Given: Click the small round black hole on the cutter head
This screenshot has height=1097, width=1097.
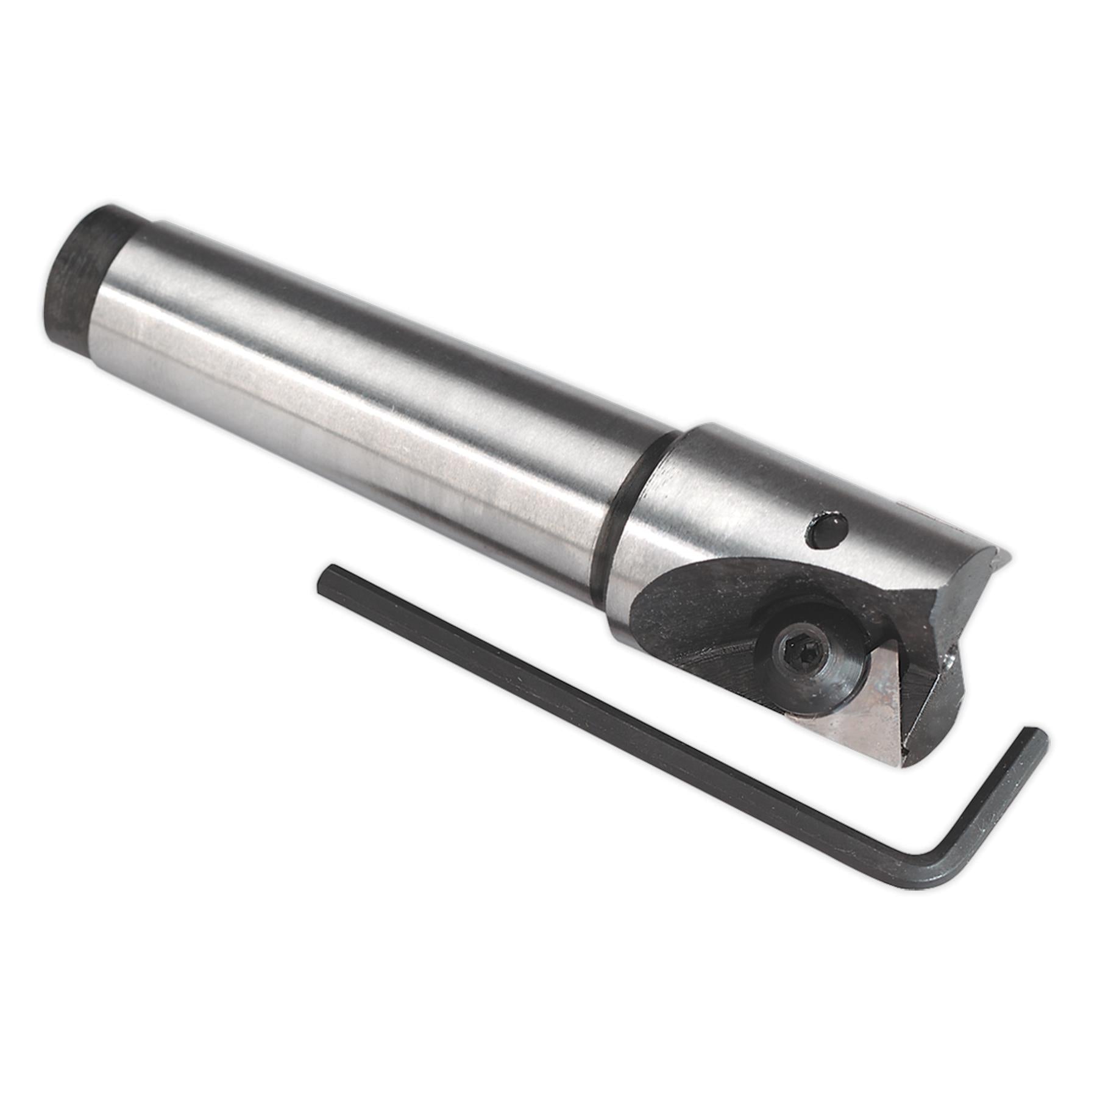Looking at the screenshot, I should tap(826, 530).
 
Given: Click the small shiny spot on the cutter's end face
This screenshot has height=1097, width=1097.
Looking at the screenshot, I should tap(948, 658).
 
